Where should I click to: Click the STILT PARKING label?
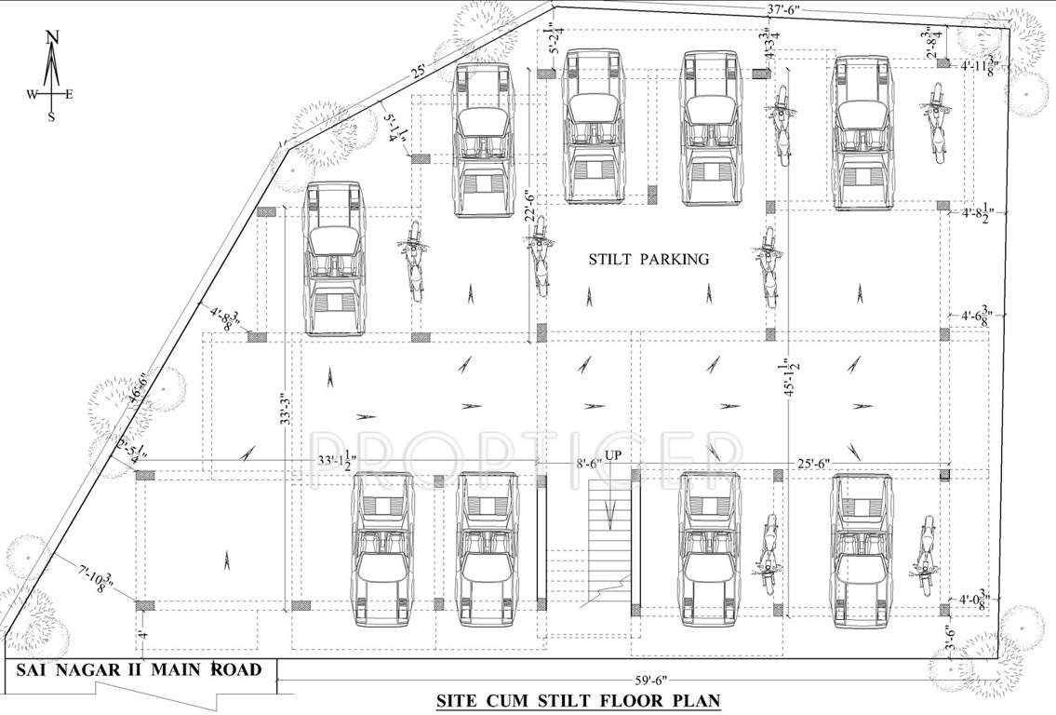[648, 260]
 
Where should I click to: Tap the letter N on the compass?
[53, 37]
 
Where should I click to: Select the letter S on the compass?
[52, 117]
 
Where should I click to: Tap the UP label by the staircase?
[613, 455]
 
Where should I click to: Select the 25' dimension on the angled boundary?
[418, 72]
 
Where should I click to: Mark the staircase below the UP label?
[609, 540]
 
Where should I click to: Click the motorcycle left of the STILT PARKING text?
[537, 262]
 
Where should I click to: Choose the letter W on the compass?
[32, 94]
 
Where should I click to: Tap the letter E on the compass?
[70, 94]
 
